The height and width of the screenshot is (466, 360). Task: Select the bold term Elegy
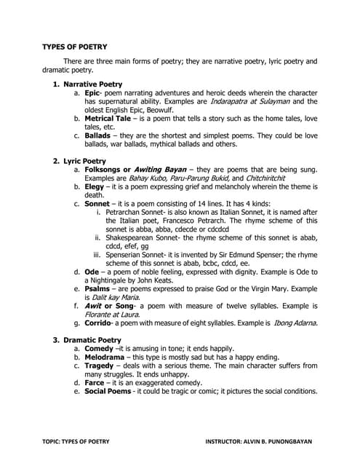tap(95, 186)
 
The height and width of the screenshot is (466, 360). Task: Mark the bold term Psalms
tap(99, 289)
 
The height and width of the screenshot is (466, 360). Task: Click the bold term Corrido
tap(101, 322)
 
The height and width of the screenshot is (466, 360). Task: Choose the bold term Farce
tap(97, 382)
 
